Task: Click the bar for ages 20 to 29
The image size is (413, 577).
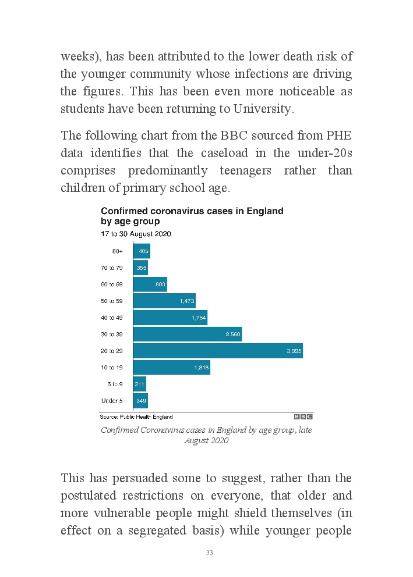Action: click(218, 351)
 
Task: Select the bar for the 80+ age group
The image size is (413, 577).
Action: click(142, 251)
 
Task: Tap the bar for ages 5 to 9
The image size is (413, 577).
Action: click(139, 384)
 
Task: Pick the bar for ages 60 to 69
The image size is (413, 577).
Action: click(150, 284)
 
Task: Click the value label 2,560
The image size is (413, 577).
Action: click(233, 334)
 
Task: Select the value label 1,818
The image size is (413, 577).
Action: click(201, 368)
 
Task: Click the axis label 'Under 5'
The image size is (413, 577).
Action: click(112, 401)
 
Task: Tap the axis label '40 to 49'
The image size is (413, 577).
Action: click(112, 318)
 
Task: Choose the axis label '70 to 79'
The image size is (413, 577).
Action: click(112, 268)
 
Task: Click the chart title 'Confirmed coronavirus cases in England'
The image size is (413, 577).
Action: click(192, 211)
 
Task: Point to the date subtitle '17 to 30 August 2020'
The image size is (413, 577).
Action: click(136, 234)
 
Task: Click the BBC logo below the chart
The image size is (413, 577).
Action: click(303, 416)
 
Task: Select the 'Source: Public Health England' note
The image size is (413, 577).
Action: click(136, 416)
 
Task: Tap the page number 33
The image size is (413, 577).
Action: click(209, 553)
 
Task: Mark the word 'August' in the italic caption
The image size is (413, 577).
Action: click(197, 440)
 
